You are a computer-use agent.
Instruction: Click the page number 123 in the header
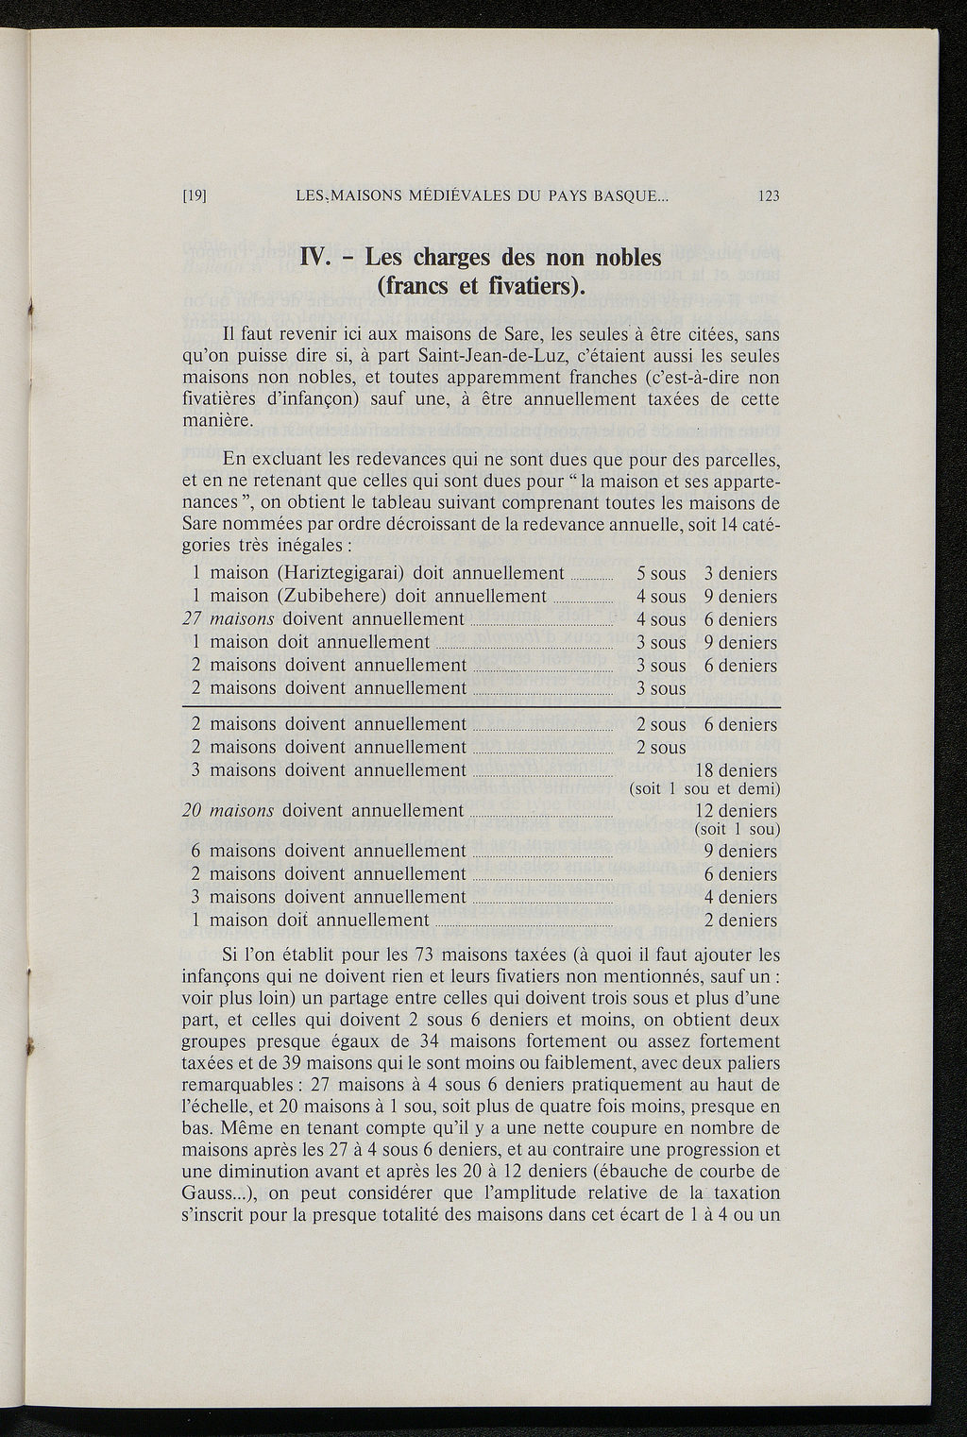(768, 196)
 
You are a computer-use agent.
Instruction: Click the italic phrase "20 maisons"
(228, 811)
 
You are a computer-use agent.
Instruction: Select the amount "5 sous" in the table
(661, 574)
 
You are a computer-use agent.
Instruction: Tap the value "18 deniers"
(736, 770)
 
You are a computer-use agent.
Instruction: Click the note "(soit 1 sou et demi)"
(704, 789)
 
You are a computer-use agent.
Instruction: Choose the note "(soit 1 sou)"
(736, 830)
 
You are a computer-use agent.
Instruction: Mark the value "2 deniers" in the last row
(740, 921)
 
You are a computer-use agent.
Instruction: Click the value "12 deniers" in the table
(736, 811)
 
